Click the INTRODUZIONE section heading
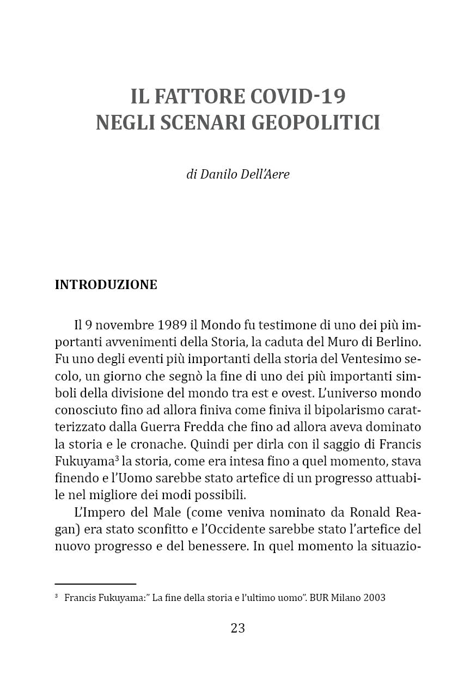pyautogui.click(x=106, y=285)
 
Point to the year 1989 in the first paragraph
pyautogui.click(x=172, y=326)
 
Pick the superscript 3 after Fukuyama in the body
pyautogui.click(x=117, y=457)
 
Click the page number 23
pyautogui.click(x=238, y=628)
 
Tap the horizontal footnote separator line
pyautogui.click(x=95, y=584)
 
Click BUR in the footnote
pyautogui.click(x=318, y=598)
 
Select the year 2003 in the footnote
pyautogui.click(x=373, y=598)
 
